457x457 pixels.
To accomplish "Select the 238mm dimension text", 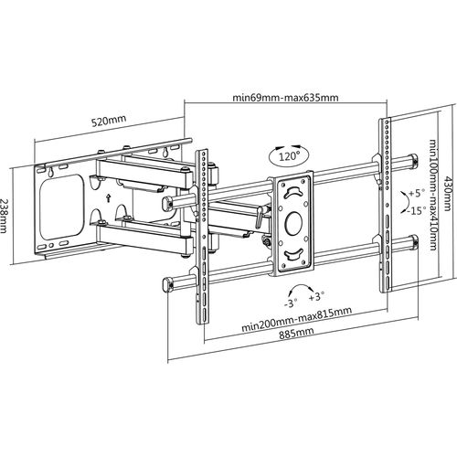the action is pos(4,216).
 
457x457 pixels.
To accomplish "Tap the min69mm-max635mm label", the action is pos(285,98).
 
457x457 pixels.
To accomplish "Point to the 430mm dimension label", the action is pos(447,193).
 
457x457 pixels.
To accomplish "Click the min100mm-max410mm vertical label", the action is pos(433,195).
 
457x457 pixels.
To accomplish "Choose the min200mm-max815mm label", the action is pos(296,319).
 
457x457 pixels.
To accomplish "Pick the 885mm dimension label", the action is pos(296,333).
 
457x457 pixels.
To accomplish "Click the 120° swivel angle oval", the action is pos(289,155).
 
